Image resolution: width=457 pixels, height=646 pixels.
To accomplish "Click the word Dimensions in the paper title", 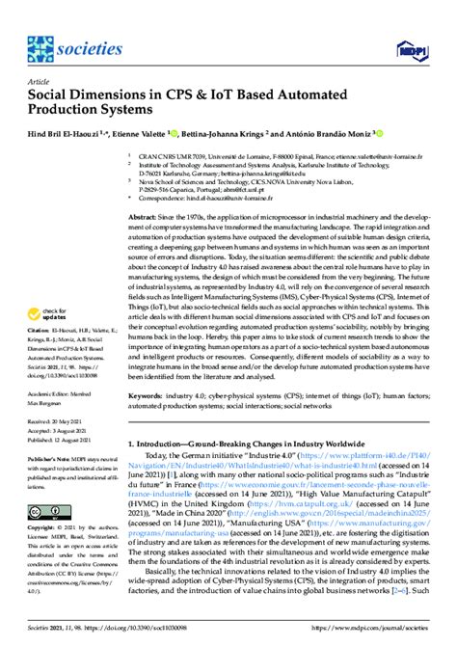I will pos(107,97).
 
